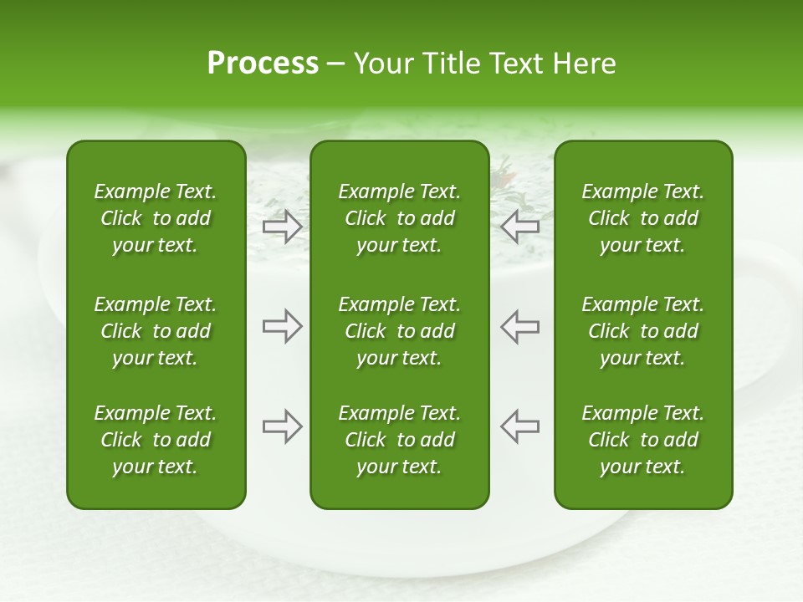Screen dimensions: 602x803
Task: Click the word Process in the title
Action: [x=263, y=64]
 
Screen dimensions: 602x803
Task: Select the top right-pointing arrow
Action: [x=282, y=227]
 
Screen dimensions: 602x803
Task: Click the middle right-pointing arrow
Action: [x=282, y=326]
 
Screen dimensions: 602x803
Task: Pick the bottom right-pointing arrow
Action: [x=282, y=426]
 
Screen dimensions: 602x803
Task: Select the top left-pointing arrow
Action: [x=519, y=227]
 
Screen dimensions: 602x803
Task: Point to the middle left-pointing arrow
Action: [x=519, y=326]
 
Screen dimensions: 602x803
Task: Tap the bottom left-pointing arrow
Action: [x=519, y=426]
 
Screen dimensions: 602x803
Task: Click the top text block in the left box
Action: [x=156, y=218]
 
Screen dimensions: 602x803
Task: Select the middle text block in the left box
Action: [x=156, y=331]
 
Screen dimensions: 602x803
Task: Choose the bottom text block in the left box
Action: [x=156, y=440]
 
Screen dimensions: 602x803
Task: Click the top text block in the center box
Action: [x=399, y=218]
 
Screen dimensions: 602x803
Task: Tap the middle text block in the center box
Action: [x=399, y=331]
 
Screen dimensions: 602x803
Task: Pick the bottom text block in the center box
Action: [x=399, y=440]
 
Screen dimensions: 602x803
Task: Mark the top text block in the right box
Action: [x=642, y=218]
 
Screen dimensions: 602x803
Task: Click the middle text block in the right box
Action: [x=642, y=331]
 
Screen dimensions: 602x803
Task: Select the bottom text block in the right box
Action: [x=642, y=440]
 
